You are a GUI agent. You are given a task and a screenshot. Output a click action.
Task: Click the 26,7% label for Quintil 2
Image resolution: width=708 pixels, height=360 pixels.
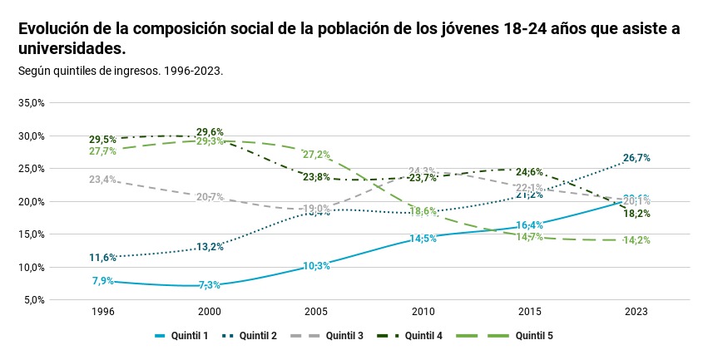click(636, 158)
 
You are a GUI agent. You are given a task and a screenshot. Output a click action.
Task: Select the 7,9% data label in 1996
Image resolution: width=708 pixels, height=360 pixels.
click(103, 281)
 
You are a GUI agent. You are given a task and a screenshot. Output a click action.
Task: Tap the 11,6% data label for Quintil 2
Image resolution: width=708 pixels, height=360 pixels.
click(103, 258)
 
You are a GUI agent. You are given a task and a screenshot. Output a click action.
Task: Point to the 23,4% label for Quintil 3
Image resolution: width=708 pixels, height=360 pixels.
click(103, 180)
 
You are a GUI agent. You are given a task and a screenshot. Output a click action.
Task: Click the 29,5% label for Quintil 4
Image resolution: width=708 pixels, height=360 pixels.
click(103, 140)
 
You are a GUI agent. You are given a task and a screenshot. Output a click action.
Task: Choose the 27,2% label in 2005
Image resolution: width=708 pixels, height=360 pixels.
click(316, 155)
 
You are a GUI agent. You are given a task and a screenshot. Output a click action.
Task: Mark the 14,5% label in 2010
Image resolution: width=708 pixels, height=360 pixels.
click(423, 239)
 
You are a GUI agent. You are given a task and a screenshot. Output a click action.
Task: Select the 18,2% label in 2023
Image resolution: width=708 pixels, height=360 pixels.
click(636, 214)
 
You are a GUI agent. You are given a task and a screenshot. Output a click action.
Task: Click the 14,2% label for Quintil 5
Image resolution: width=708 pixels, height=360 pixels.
click(636, 240)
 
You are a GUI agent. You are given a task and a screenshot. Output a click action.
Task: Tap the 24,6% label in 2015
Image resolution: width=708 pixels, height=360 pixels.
click(530, 172)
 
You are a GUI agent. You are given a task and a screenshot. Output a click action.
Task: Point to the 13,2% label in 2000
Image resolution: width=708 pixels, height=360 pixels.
click(210, 247)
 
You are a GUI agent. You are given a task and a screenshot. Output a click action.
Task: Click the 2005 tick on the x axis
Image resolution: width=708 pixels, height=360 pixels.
click(316, 311)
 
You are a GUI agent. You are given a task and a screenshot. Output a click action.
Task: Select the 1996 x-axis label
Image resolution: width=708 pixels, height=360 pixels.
click(103, 311)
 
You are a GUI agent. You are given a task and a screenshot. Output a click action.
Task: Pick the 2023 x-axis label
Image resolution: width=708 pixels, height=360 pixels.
click(636, 311)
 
